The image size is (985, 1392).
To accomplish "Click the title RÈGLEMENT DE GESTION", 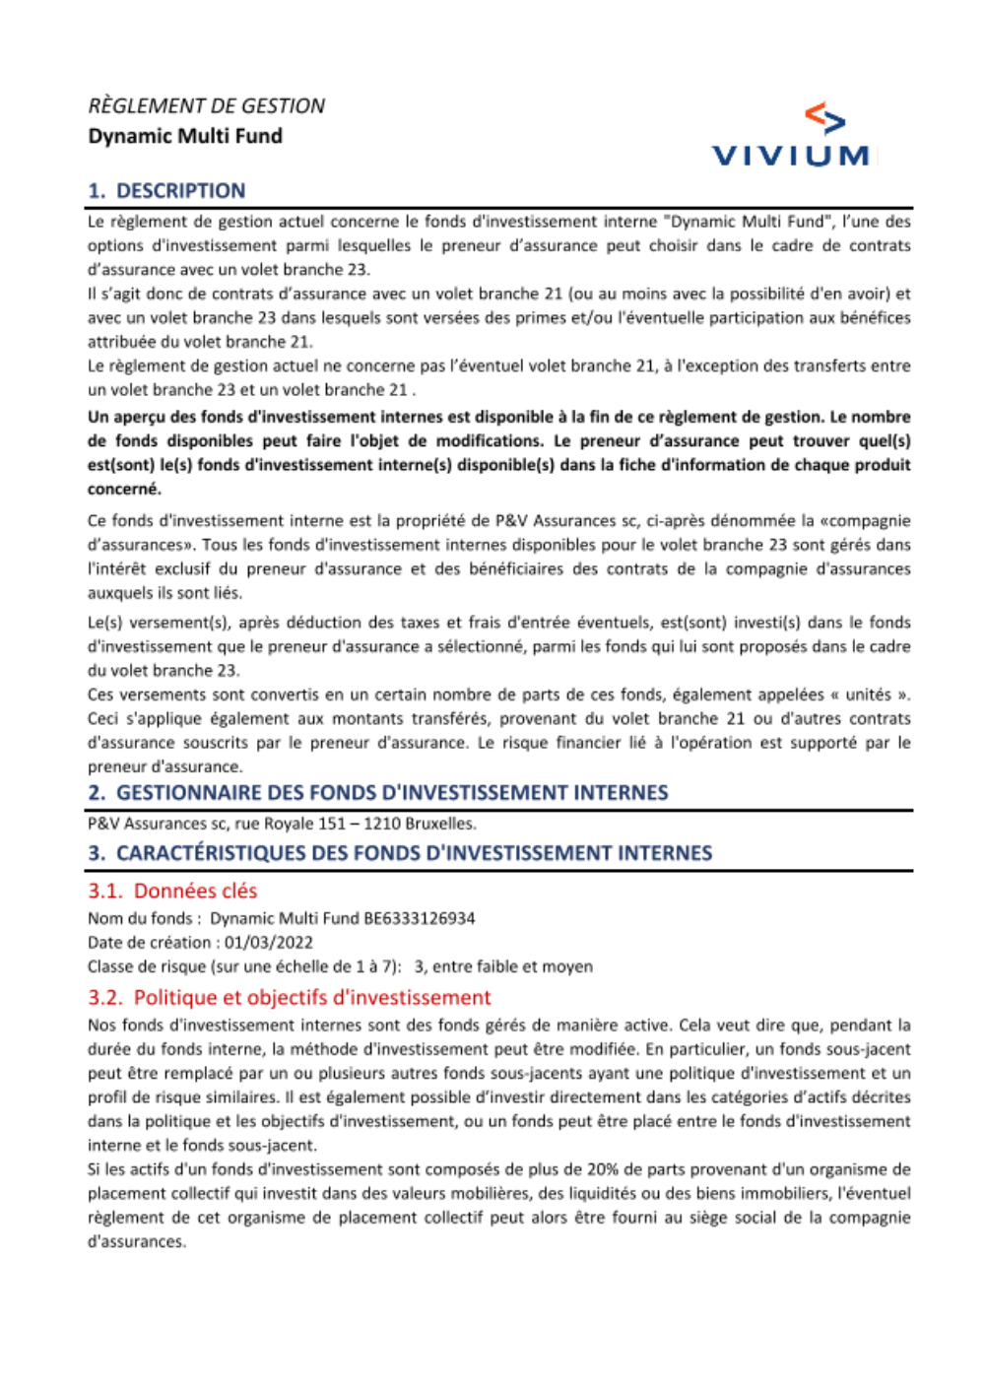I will coord(206,106).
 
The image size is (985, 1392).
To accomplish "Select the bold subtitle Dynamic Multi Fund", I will coord(185,136).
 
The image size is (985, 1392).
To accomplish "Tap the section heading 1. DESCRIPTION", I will coord(166,191).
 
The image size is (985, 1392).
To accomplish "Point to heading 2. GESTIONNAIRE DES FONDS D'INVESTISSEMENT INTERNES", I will coord(377,793).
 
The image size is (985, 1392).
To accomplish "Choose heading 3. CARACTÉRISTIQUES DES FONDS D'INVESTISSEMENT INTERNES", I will coord(400,853).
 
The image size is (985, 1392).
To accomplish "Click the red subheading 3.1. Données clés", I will coord(172,891).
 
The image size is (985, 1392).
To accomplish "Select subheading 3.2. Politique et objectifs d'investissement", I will coord(289,997).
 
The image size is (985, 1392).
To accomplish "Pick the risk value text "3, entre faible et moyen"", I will coord(503,966).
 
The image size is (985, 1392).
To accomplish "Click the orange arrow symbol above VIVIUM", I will coord(825,118).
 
